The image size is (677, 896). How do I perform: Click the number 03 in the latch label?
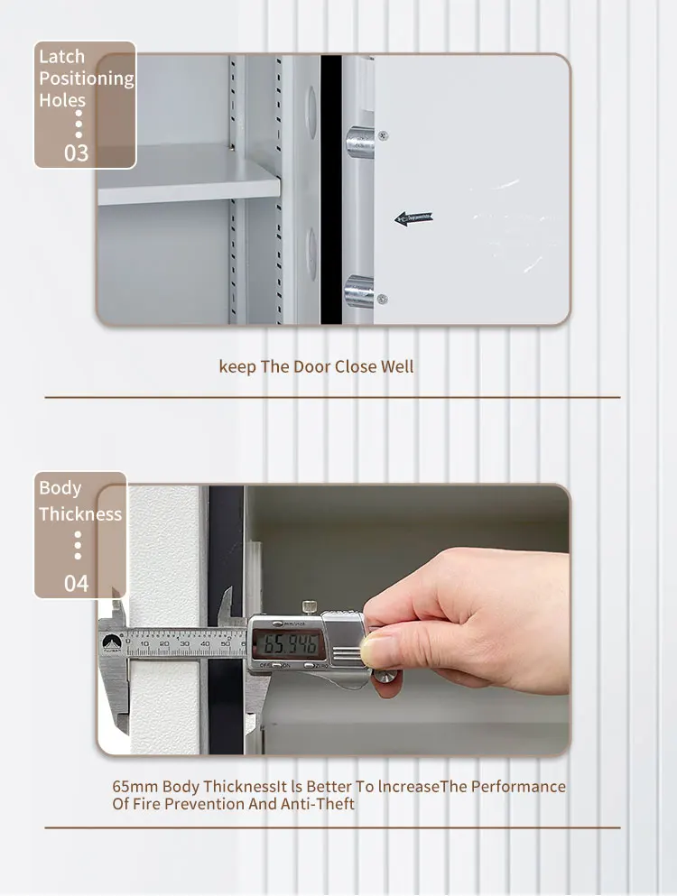pos(76,152)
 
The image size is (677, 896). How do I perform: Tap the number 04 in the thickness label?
pos(76,583)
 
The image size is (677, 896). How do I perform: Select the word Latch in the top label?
pos(60,57)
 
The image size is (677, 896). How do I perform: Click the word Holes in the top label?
pos(62,100)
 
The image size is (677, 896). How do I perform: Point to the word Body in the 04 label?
pos(60,488)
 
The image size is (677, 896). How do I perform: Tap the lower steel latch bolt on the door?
pos(360,291)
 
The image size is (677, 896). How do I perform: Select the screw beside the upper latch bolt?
pos(384,135)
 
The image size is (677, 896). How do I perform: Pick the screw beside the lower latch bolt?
pos(383,299)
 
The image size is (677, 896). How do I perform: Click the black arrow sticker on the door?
pos(413,218)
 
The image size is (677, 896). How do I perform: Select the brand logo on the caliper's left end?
pos(113,642)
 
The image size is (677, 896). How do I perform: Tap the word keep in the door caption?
pos(237,367)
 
